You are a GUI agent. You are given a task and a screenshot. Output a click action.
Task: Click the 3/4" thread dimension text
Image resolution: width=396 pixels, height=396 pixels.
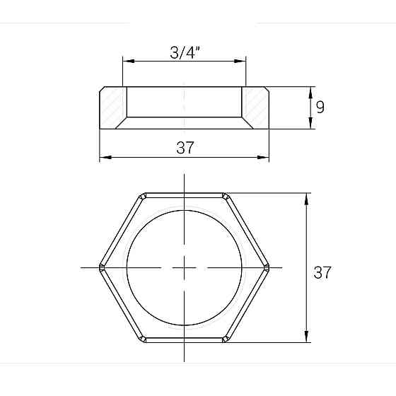[x=185, y=52]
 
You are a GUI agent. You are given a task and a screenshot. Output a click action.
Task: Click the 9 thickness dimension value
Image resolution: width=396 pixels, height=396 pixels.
[x=320, y=107]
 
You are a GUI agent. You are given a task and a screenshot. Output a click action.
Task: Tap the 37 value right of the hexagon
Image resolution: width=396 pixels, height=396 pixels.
[x=322, y=272]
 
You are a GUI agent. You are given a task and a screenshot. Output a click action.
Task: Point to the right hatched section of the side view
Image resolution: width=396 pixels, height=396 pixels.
[x=256, y=107]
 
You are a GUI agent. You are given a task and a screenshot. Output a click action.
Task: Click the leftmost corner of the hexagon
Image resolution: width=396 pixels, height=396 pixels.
[x=100, y=267]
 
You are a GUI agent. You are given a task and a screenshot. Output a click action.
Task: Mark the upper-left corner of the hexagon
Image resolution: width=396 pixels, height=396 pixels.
[x=143, y=195]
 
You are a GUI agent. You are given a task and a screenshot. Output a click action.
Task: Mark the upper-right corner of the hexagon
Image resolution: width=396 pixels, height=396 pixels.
[x=226, y=195]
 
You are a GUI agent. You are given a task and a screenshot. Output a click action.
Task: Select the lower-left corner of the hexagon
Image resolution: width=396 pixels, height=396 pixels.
[x=143, y=340]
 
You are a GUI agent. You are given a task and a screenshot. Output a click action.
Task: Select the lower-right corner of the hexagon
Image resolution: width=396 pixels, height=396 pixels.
[x=226, y=340]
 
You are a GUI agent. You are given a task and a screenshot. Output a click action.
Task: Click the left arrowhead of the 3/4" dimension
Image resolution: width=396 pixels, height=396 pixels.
[x=127, y=62]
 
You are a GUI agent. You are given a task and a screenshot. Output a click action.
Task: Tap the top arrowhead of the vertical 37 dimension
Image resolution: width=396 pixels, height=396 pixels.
[x=305, y=197]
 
